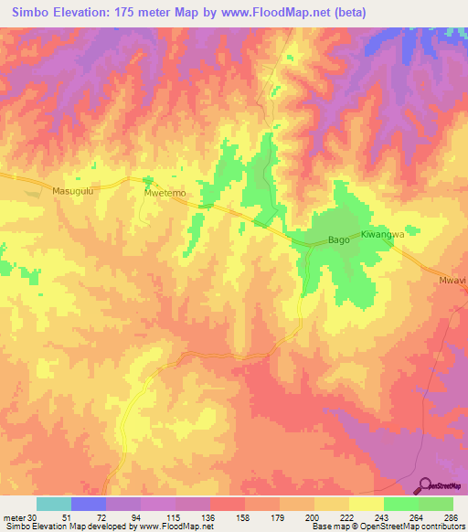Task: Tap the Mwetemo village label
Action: [165, 194]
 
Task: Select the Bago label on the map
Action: [338, 241]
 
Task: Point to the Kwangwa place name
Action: [382, 235]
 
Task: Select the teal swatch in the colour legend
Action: [54, 504]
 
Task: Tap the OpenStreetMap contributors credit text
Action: [414, 527]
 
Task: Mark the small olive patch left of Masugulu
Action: [34, 192]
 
